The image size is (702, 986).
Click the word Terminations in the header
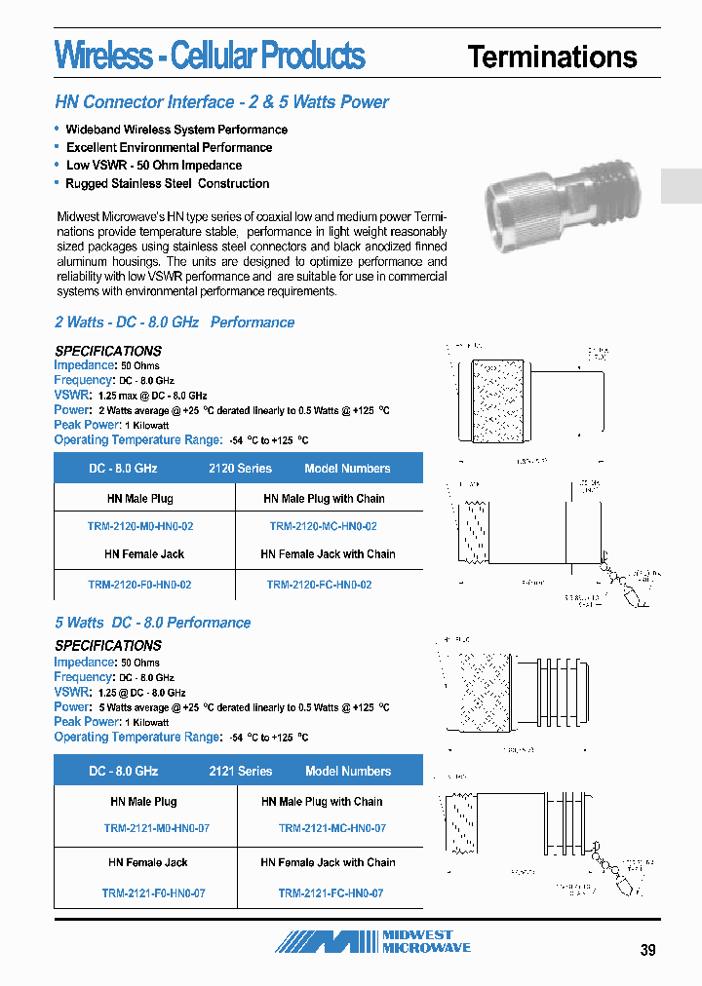coord(552,57)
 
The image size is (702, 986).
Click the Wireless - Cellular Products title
coord(210,56)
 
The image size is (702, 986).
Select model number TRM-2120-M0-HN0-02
coord(140,526)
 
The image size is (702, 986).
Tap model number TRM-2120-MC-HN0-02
coord(323,526)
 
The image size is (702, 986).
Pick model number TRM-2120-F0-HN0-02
coord(139,585)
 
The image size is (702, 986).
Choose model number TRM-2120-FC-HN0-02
coord(319,585)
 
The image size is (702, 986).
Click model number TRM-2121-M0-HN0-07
coord(156,828)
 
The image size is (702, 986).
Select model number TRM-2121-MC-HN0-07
coord(331,828)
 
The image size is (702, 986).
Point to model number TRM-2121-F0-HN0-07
coord(153,892)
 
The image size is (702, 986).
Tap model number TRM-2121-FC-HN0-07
coord(331,892)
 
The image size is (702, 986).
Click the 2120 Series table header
coord(240,469)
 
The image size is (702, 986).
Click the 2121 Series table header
coord(240,771)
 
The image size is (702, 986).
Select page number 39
coord(648,951)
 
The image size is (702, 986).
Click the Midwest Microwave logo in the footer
coord(372,941)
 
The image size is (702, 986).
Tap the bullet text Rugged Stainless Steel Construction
coord(167,183)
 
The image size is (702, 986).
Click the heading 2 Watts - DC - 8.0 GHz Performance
coord(174,322)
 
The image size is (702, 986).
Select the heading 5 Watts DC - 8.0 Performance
coord(152,623)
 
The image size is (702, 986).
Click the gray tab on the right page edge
coord(681,186)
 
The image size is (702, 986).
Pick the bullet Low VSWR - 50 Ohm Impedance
coord(153,166)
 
